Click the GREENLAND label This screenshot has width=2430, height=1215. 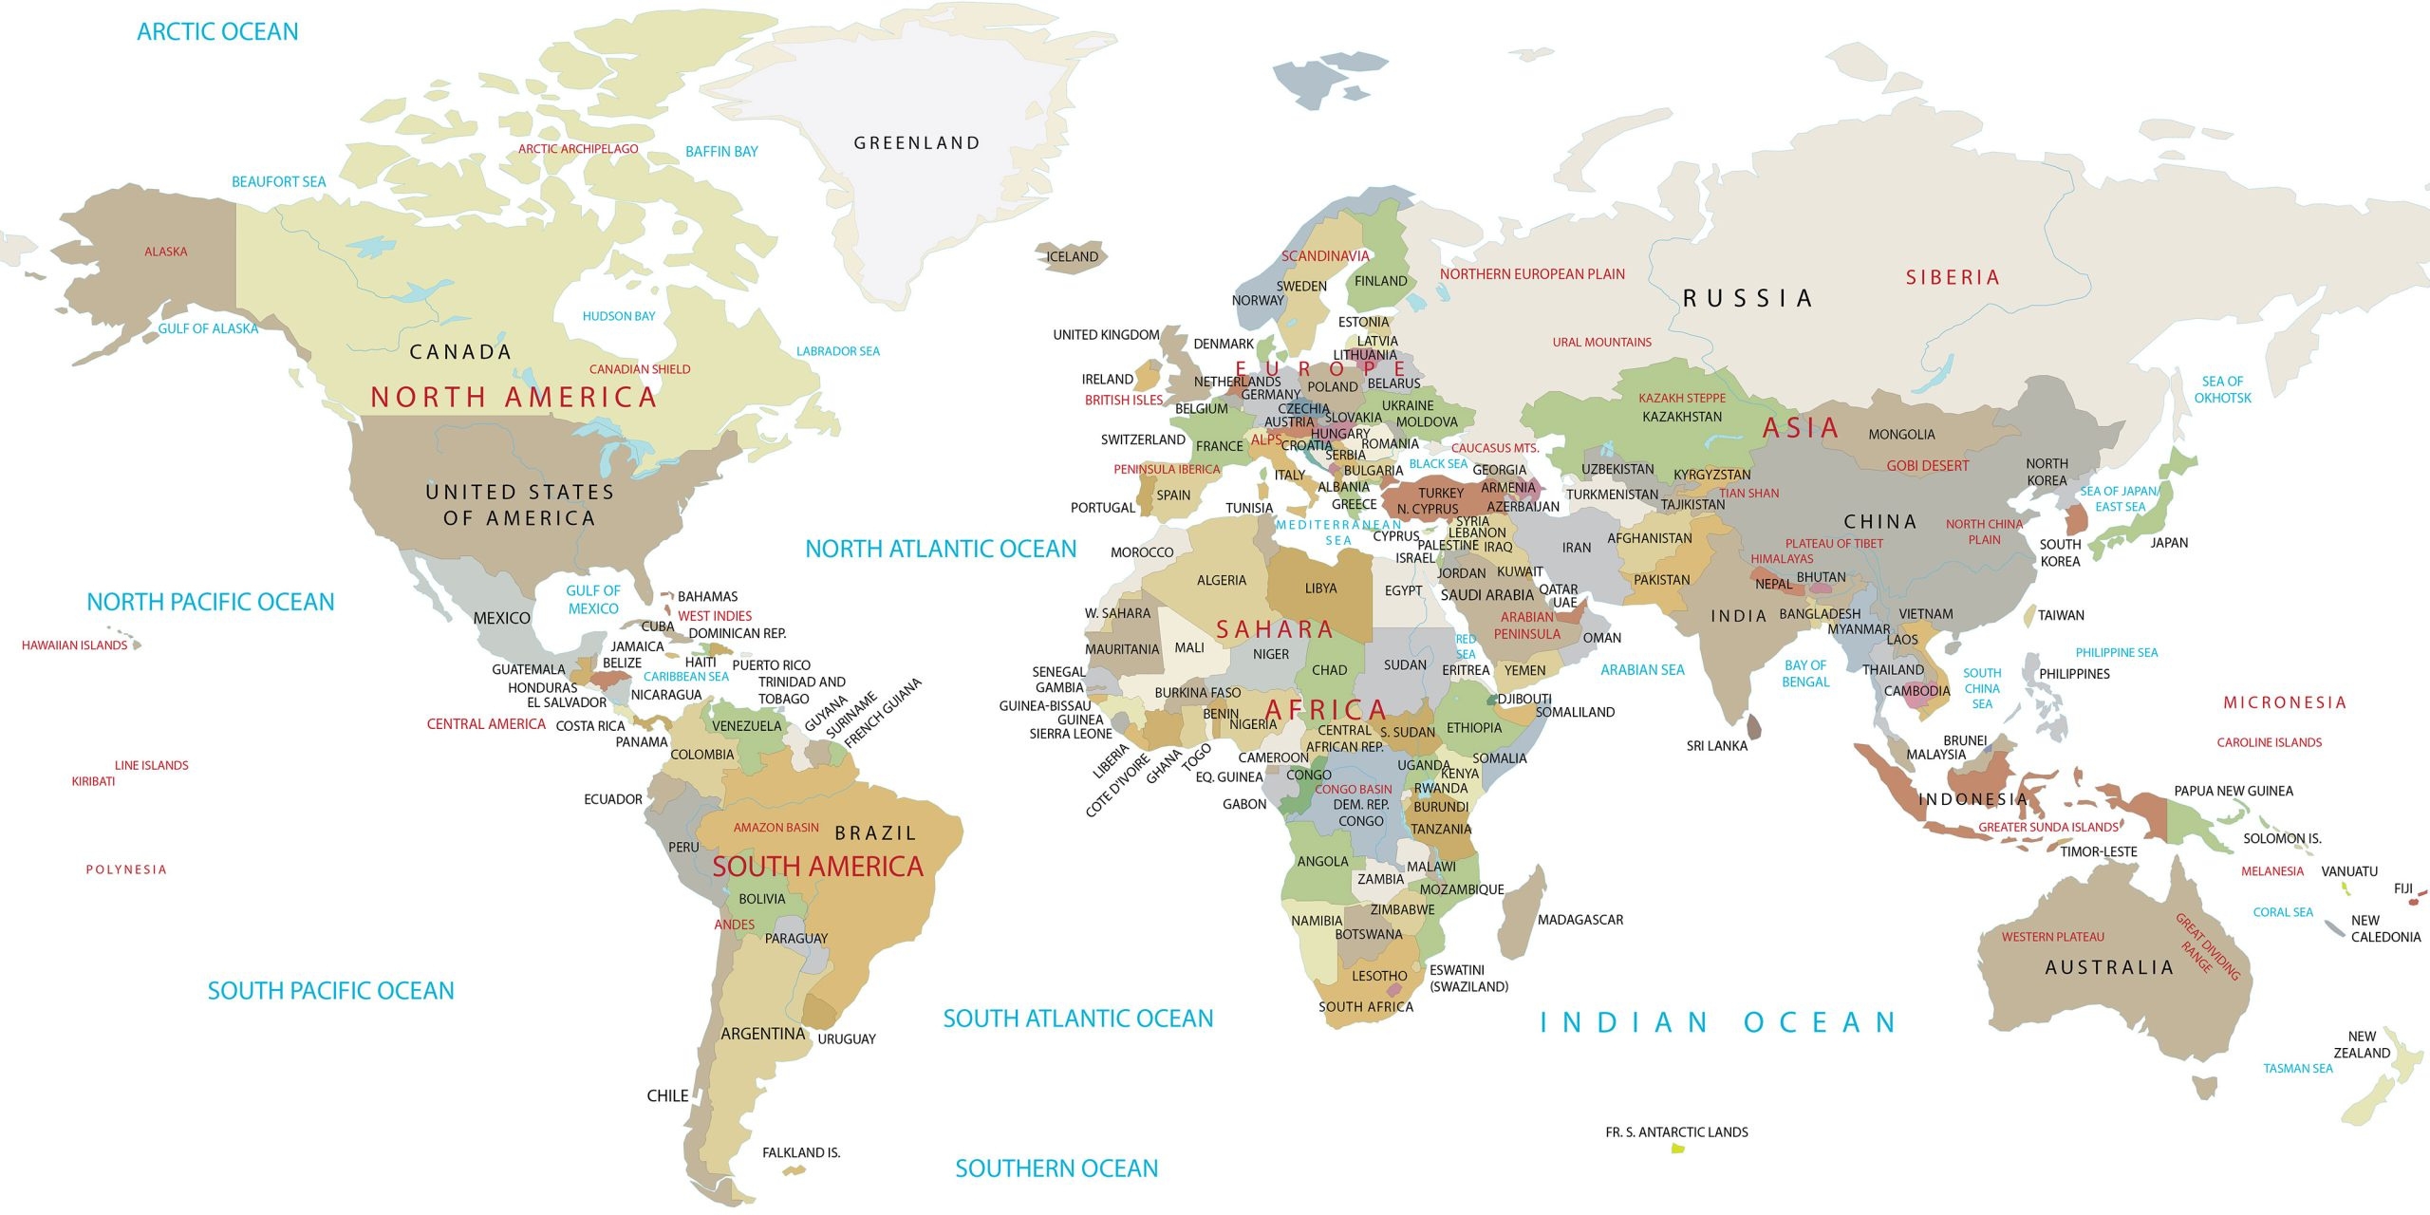(916, 143)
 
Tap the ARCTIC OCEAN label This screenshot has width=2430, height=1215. (217, 31)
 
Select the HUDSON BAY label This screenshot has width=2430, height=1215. (619, 316)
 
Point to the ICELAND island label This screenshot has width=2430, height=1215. (1072, 256)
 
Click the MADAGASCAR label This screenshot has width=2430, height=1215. (1579, 920)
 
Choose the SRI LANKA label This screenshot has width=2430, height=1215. (1716, 746)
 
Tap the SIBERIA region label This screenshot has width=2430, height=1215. (1953, 277)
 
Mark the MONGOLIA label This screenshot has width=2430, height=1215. (1901, 435)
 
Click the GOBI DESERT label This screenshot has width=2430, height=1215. (1927, 466)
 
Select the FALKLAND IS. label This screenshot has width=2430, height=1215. (801, 1152)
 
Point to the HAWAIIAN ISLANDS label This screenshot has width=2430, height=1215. (74, 645)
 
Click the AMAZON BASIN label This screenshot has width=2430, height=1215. (776, 828)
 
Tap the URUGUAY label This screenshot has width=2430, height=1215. (847, 1039)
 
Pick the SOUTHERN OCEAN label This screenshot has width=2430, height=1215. (1056, 1168)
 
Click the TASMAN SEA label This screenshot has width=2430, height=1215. (2297, 1069)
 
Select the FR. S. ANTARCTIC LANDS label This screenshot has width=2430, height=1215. (1676, 1132)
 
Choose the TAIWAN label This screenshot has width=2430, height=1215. (2061, 615)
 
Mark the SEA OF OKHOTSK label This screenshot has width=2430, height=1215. (2222, 389)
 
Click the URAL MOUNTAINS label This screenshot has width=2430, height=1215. (1601, 343)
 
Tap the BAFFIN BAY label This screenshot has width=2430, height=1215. (721, 152)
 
